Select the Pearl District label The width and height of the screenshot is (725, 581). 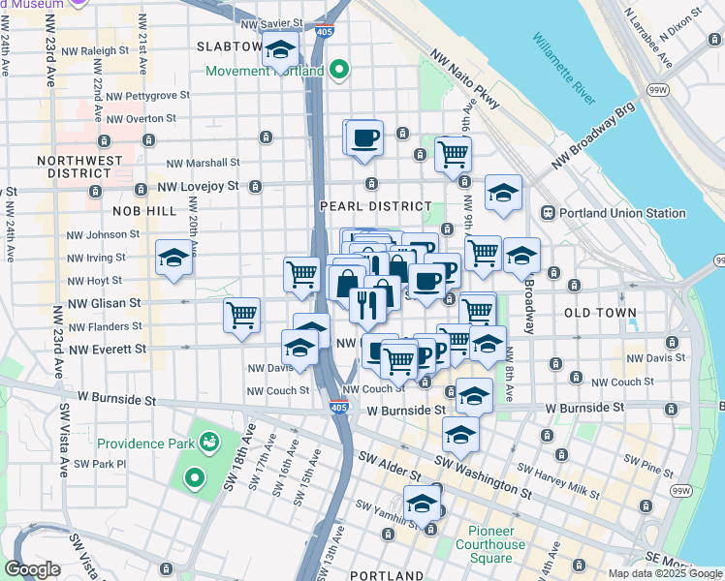click(x=375, y=206)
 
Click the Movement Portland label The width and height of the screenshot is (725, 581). click(x=265, y=71)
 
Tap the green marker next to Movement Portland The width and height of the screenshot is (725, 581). click(x=338, y=70)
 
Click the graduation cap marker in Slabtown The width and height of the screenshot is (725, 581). click(x=280, y=51)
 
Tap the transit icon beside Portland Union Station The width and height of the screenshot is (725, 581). click(x=547, y=213)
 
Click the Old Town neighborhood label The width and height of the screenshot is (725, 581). click(x=600, y=313)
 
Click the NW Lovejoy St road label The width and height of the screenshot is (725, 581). click(x=200, y=186)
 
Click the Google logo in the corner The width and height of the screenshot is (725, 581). click(x=32, y=569)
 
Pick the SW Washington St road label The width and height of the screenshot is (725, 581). click(x=483, y=476)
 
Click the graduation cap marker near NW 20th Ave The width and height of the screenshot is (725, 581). click(x=173, y=258)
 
